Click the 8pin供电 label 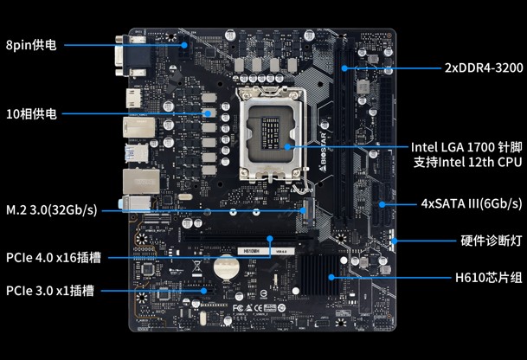tap(31, 45)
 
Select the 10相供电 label tap(31, 114)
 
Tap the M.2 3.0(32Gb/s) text tap(51, 210)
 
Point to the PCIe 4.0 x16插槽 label tap(54, 258)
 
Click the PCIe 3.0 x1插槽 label tap(50, 291)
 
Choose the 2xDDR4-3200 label tap(484, 67)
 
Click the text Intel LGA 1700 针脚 tap(466, 147)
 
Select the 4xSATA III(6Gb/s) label tap(472, 203)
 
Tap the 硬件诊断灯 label tap(492, 241)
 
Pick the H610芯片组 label tap(489, 278)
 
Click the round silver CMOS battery tap(227, 267)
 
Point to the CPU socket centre tap(271, 133)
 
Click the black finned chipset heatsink tap(319, 275)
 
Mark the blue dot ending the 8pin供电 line tap(183, 45)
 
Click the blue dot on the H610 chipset tap(331, 278)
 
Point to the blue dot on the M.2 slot tap(303, 211)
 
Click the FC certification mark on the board tap(238, 307)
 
